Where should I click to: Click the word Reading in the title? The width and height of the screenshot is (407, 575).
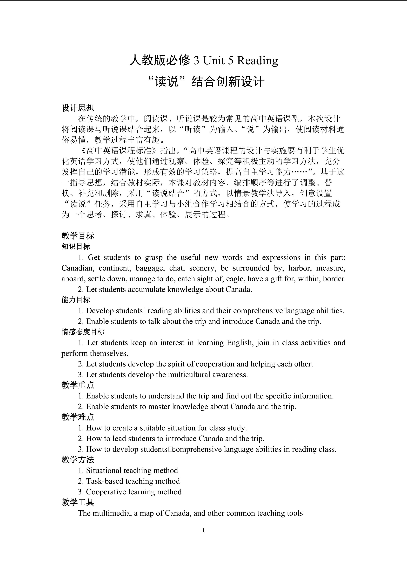pos(257,61)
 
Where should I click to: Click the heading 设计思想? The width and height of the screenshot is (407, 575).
pos(78,108)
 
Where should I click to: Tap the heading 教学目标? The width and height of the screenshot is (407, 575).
pos(78,236)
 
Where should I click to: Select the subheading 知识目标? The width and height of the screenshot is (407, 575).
pos(76,246)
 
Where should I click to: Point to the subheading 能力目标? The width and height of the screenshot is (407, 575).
pos(76,300)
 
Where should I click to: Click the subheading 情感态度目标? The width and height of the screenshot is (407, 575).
pos(83,332)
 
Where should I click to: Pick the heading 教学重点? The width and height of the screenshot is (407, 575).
pos(78,385)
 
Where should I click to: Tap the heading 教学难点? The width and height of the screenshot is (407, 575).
pos(78,417)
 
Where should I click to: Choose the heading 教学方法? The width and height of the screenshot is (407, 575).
pos(78,460)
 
